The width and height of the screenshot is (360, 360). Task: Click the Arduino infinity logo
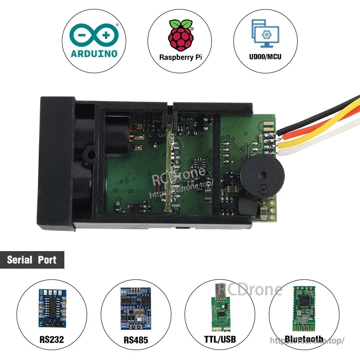click(x=93, y=35)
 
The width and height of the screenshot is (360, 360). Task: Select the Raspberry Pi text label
click(x=180, y=58)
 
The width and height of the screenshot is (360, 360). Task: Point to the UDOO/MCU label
click(x=265, y=58)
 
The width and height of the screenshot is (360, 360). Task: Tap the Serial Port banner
click(x=32, y=260)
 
